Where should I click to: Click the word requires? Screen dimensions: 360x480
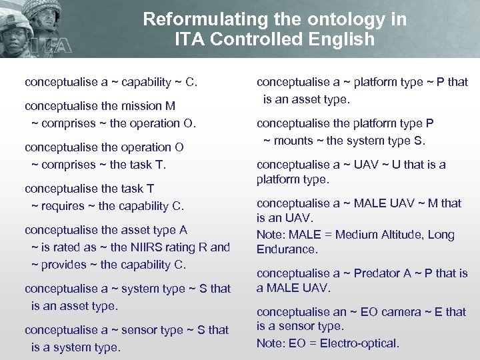tap(68, 205)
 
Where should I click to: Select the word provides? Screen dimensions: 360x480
tap(68, 264)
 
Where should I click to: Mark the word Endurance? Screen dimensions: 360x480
tap(287, 249)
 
